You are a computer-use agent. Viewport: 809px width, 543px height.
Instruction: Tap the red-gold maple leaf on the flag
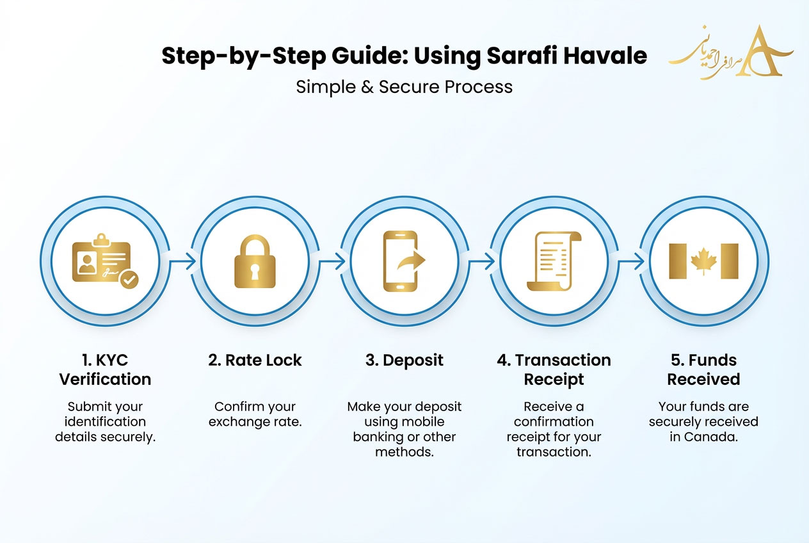click(703, 261)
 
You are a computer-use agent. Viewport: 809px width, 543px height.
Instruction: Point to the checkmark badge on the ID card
click(130, 279)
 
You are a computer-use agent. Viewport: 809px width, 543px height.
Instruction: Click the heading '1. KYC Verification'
click(105, 369)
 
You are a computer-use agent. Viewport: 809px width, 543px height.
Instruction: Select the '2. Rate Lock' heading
click(255, 360)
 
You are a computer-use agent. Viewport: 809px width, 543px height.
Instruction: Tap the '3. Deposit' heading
click(404, 360)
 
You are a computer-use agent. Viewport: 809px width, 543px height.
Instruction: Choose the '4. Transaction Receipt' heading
click(554, 369)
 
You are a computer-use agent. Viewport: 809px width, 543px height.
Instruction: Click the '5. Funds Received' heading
click(703, 369)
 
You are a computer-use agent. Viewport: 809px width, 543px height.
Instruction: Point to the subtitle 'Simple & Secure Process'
click(404, 86)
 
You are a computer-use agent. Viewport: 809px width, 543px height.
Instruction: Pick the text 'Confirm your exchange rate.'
click(255, 414)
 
